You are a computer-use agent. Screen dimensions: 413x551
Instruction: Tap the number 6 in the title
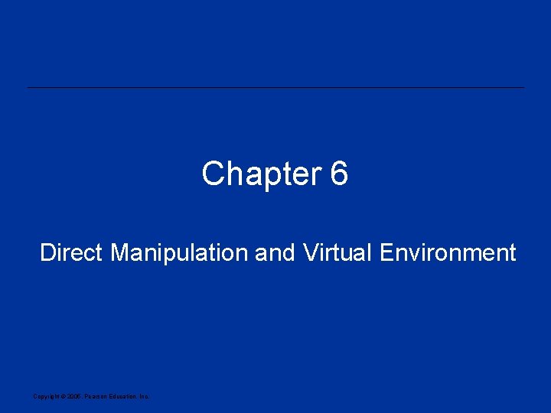(x=340, y=174)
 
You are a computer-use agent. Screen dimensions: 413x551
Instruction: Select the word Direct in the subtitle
(x=72, y=252)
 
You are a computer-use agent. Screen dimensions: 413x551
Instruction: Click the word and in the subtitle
(x=275, y=252)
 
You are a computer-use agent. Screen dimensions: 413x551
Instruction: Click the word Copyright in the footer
(x=45, y=396)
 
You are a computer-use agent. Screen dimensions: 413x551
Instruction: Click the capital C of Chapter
(x=213, y=174)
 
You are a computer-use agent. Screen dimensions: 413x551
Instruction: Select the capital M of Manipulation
(x=119, y=252)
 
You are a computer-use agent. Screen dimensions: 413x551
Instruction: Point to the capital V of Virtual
(x=310, y=252)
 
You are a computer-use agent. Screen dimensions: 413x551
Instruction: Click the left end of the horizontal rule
(x=29, y=88)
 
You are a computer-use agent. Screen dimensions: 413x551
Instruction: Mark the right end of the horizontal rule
(x=523, y=88)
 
